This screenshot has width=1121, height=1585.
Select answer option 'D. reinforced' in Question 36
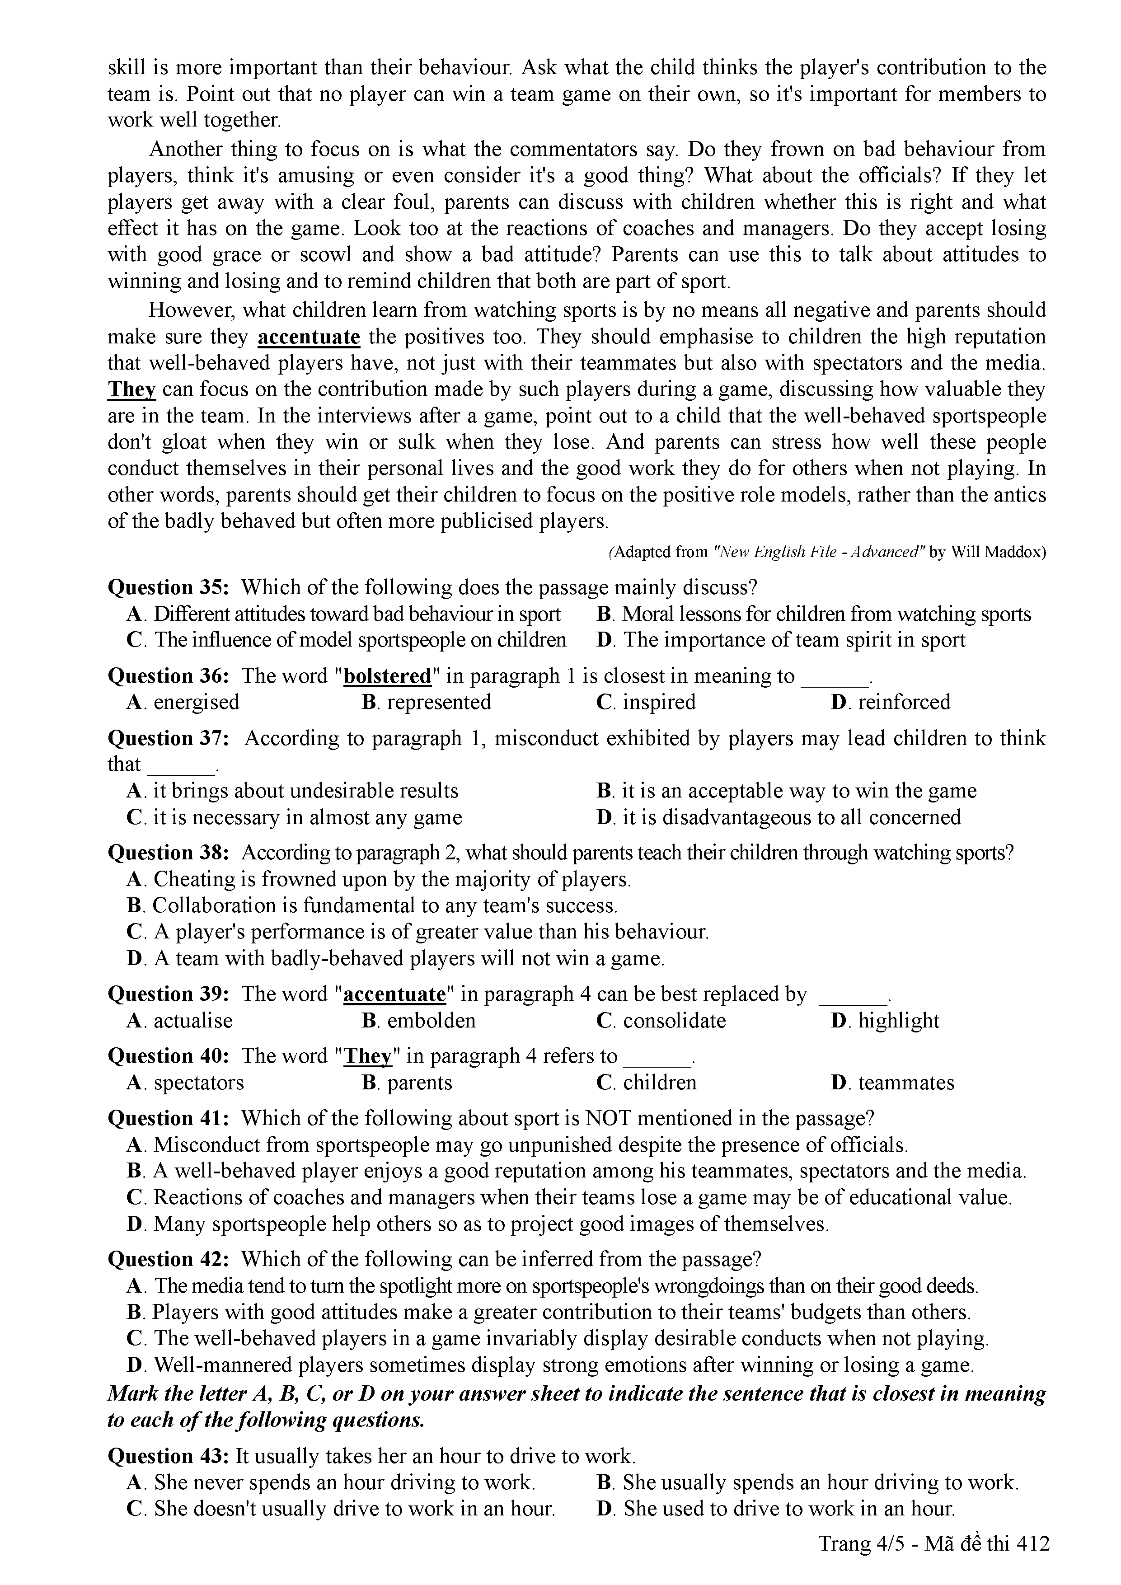891,702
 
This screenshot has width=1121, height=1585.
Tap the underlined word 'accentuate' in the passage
309,337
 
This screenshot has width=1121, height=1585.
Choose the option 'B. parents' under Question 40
407,1083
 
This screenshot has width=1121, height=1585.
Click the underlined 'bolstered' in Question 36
387,676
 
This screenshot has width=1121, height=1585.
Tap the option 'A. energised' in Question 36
183,702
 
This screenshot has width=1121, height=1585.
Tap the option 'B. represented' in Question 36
426,702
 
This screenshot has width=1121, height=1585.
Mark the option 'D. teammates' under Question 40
892,1083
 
